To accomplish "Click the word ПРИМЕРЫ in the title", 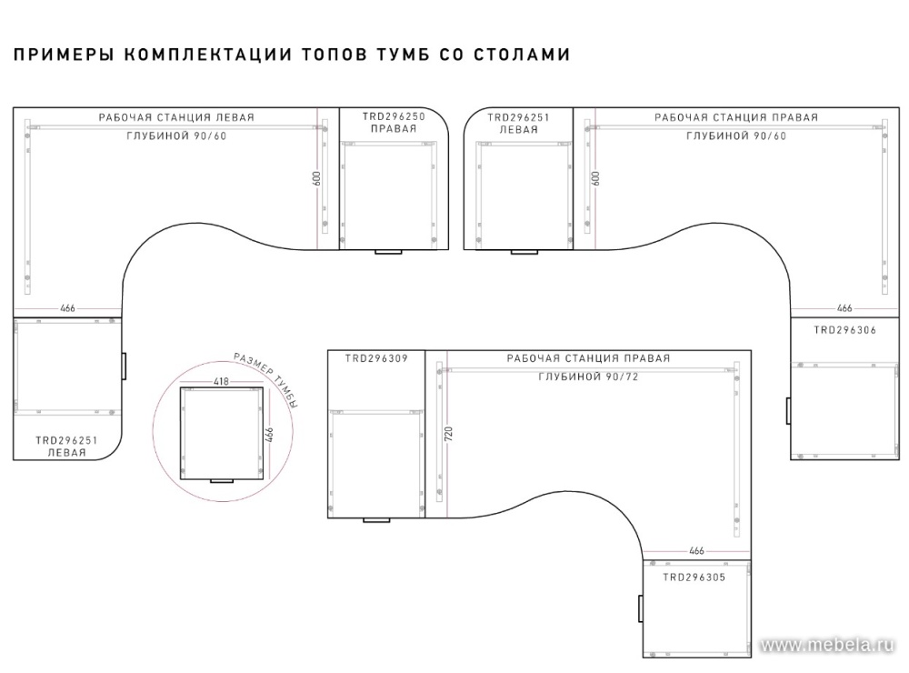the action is click(64, 54).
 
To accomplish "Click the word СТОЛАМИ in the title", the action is click(523, 54).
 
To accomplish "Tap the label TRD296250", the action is click(394, 116).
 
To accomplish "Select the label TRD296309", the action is click(376, 358).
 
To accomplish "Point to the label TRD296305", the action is click(694, 578).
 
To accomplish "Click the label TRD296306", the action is click(844, 330).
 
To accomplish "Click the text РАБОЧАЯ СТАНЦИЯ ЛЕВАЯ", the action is click(176, 117).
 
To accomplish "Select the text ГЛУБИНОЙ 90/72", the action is click(588, 377).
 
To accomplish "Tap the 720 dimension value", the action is click(448, 434).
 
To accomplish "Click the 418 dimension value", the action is click(222, 381).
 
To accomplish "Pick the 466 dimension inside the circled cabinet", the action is click(269, 435).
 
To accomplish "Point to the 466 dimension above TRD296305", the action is click(696, 550).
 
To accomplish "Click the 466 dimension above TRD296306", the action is click(844, 308).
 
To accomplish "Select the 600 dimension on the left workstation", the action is click(316, 178).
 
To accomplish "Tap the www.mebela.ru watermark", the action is click(826, 645).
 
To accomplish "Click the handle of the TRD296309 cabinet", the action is click(376, 520).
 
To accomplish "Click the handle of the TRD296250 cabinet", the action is click(388, 252).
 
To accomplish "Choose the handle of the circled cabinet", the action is click(222, 481).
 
